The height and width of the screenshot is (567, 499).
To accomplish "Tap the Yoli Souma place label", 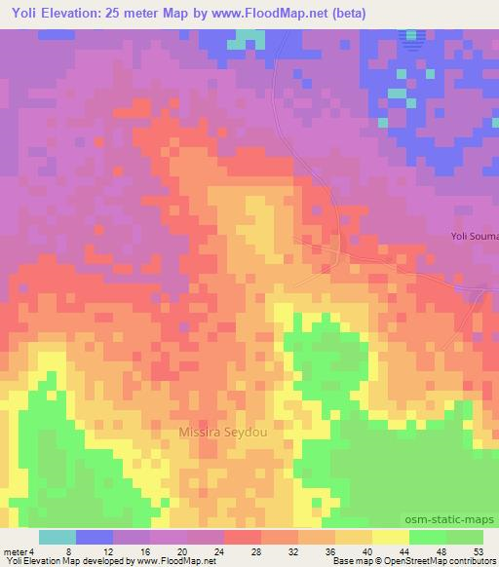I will [x=474, y=236].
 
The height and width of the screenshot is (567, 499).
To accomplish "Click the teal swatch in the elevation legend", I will [x=58, y=538].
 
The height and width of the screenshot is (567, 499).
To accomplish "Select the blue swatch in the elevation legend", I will [x=95, y=538].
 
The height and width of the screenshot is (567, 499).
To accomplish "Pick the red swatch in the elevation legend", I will [x=243, y=538].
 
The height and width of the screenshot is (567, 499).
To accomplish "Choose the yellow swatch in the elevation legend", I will [x=391, y=538].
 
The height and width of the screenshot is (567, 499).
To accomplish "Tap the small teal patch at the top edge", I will [x=251, y=38].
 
